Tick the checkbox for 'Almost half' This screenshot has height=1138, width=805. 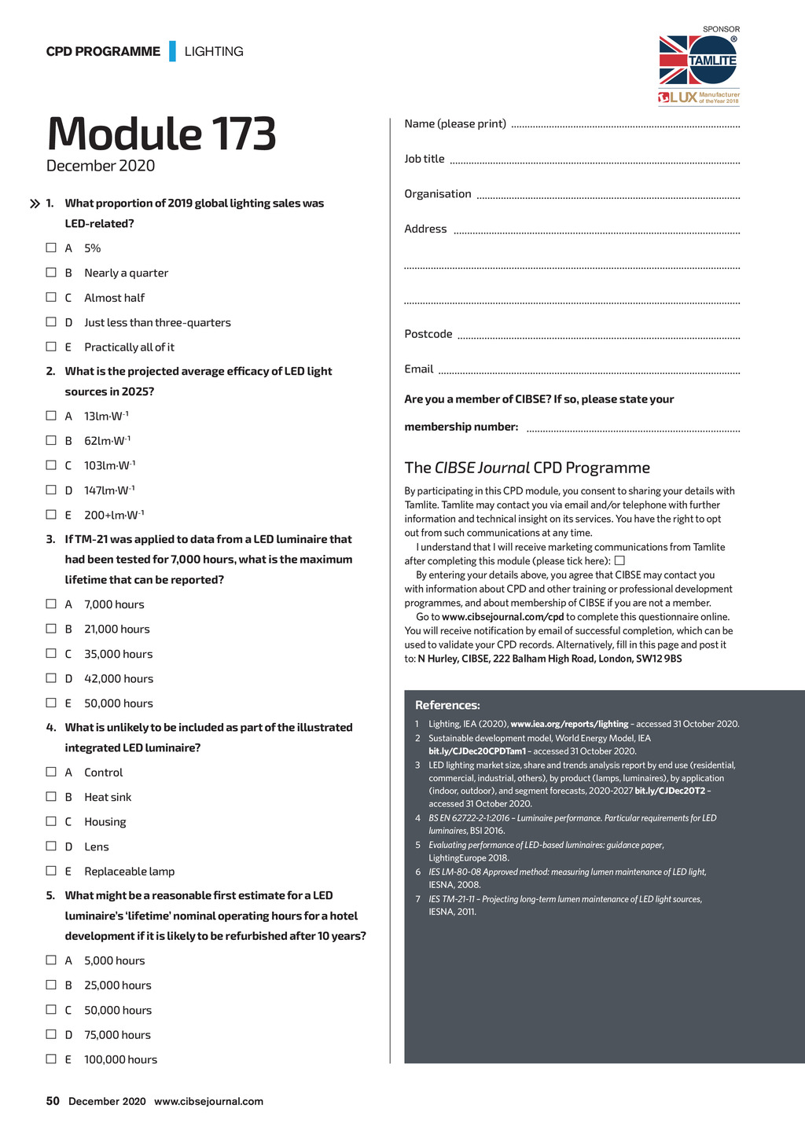click(x=51, y=297)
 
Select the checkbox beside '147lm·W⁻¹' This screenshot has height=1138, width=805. click(x=51, y=490)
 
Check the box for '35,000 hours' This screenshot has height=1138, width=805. click(x=51, y=653)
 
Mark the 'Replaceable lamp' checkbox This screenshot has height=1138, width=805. click(x=51, y=871)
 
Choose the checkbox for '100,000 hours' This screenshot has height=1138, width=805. click(x=51, y=1059)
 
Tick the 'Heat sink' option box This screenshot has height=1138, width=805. click(x=51, y=796)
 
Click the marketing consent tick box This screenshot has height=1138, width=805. click(x=619, y=560)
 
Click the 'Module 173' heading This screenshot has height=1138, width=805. click(x=161, y=134)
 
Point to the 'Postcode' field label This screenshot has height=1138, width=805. click(x=428, y=334)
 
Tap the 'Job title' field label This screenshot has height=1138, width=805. click(x=425, y=159)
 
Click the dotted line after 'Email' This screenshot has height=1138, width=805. click(x=589, y=372)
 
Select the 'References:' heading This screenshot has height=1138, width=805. click(x=447, y=705)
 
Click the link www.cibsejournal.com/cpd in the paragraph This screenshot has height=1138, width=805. click(x=502, y=617)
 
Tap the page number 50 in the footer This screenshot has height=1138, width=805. click(x=53, y=1101)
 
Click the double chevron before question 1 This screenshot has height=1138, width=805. click(x=35, y=204)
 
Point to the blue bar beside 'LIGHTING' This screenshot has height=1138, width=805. click(x=172, y=51)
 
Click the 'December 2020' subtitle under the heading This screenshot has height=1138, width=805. click(x=101, y=166)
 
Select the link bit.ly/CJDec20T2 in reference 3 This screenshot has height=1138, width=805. click(x=670, y=791)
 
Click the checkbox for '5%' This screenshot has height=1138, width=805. click(x=51, y=248)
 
